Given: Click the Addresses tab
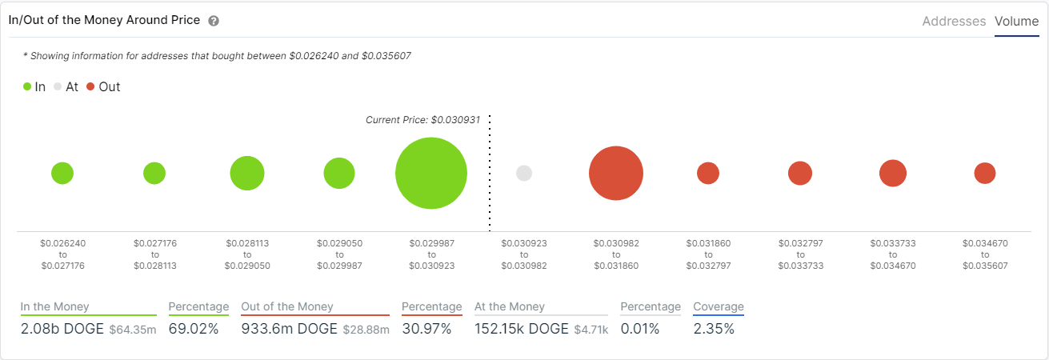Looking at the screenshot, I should point(954,22).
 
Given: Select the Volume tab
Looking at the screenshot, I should point(1016,22).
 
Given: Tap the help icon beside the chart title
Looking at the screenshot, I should point(214,21).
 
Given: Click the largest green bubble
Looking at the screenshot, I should point(431,173).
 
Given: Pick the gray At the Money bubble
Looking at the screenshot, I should point(524,173).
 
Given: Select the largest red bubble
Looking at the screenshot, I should point(616,173).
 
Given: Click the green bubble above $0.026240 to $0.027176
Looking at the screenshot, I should point(62,173).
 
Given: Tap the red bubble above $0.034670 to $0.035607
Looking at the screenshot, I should point(985,173).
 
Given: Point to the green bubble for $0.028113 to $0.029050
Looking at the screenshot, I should point(247,173).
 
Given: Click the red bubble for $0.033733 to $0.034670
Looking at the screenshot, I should point(893,173).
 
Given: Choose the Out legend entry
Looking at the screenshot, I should point(103,86).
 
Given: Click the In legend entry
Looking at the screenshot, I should point(34,86).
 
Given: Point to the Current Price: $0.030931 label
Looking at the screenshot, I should point(422,120).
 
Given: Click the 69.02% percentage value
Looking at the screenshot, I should point(193,329).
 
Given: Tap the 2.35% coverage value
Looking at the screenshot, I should point(714,329).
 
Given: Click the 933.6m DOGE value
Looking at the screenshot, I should point(289,329).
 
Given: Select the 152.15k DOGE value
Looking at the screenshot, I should point(522,329).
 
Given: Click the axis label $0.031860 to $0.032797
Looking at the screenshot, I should point(708,254).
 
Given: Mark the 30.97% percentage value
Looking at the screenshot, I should point(426,329).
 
